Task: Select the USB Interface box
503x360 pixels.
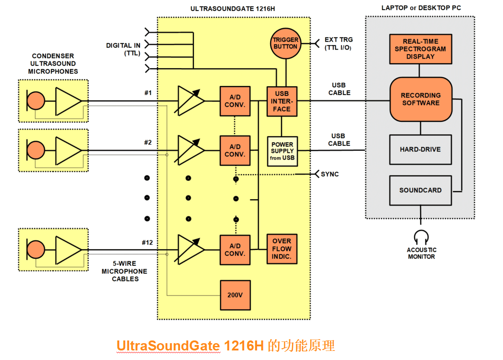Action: (282, 101)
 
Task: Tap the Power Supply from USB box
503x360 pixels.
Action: (282, 151)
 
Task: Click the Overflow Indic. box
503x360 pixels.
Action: (282, 249)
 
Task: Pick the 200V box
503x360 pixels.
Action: (235, 295)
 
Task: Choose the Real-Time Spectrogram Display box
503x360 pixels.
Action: (420, 49)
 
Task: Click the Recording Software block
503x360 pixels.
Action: (420, 100)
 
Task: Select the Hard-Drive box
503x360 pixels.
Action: (420, 149)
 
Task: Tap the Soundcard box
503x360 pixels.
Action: (420, 190)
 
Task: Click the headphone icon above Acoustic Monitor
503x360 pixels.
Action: (421, 237)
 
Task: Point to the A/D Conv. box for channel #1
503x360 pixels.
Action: (235, 101)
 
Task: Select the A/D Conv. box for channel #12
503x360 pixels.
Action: (235, 250)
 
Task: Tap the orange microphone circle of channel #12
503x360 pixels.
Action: (35, 250)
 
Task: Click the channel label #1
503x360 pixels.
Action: (148, 93)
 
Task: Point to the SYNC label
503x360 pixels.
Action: (330, 174)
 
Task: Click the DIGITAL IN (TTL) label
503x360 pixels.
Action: (123, 49)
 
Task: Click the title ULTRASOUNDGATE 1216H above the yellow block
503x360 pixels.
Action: (233, 9)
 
